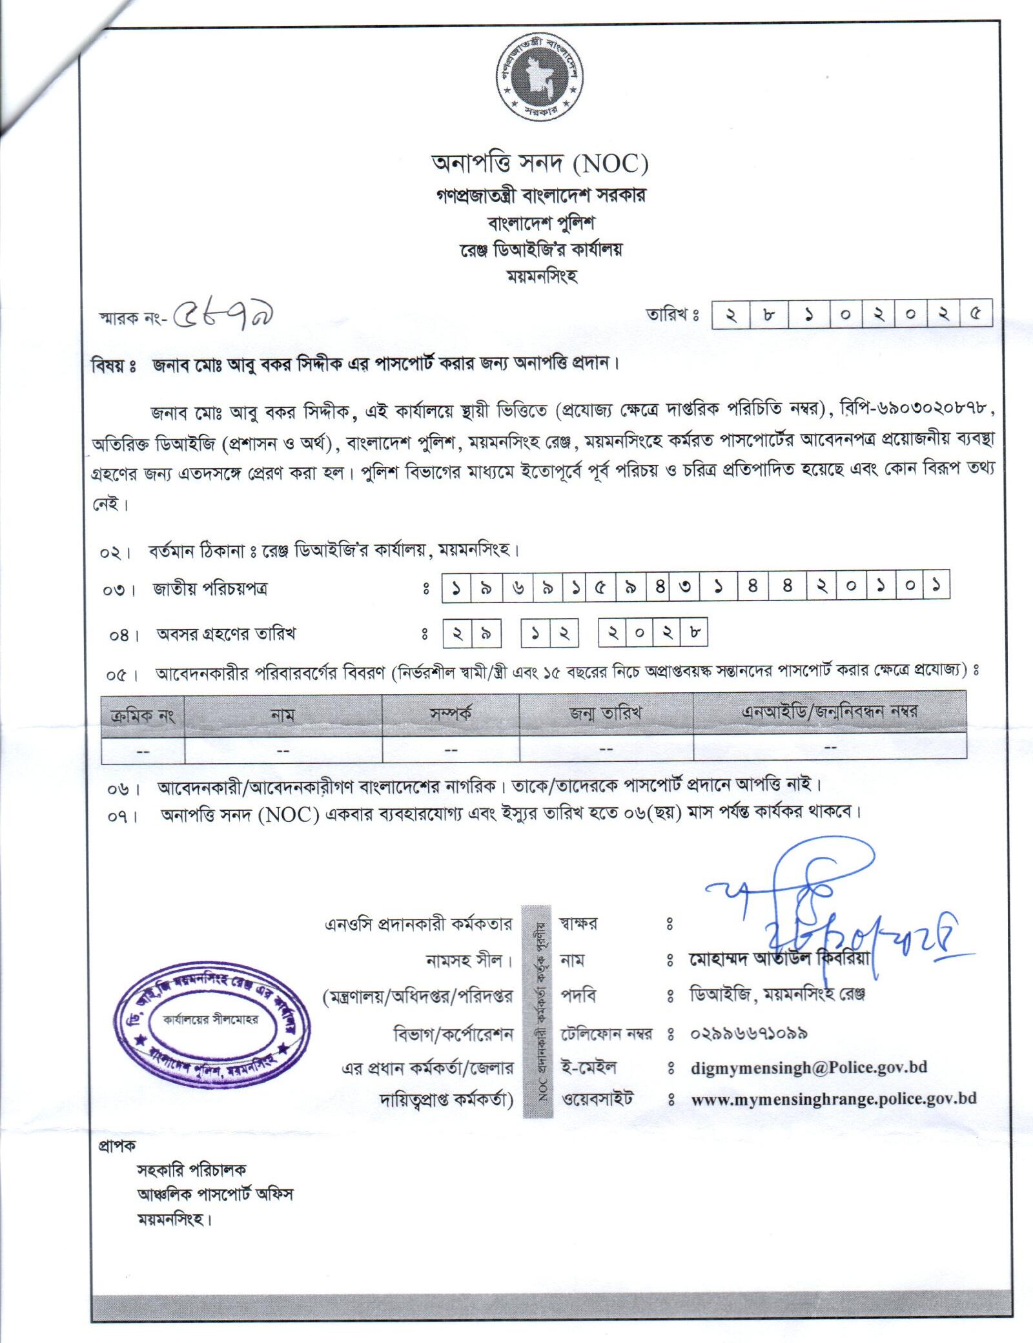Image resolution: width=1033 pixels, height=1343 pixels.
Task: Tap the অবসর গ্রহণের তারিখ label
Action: (226, 634)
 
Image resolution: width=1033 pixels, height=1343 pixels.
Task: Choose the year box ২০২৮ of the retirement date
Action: (653, 633)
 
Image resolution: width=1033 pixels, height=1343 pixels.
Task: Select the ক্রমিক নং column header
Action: (143, 715)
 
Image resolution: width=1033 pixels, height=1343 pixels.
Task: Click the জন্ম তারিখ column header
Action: (606, 713)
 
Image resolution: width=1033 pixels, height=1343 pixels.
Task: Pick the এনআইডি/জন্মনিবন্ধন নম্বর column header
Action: (830, 713)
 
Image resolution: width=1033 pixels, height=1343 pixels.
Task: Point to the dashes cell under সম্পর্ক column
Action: (451, 750)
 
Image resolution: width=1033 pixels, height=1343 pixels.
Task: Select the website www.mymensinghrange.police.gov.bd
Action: (834, 1098)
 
